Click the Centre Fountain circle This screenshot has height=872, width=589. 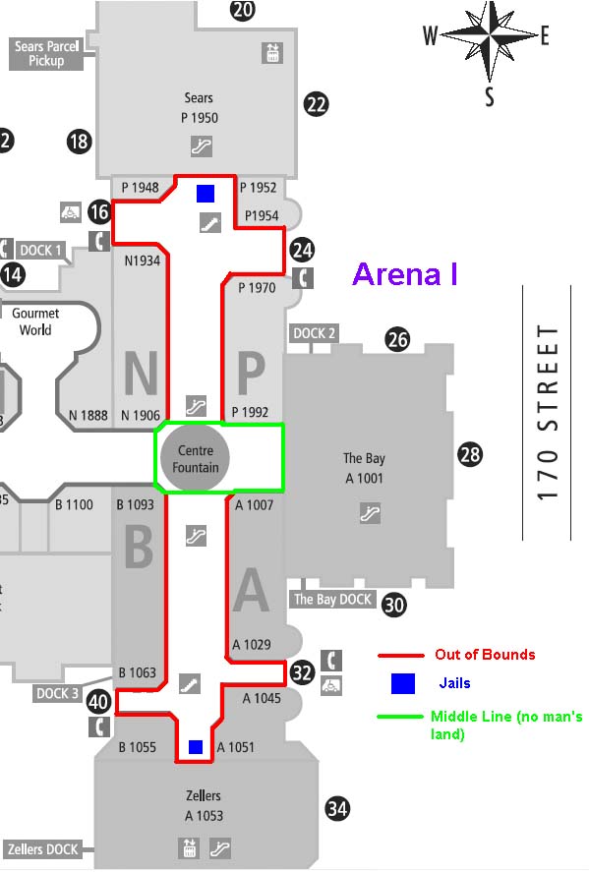pyautogui.click(x=195, y=458)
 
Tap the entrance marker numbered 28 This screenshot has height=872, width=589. pyautogui.click(x=469, y=454)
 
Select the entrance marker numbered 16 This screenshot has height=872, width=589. pyautogui.click(x=99, y=212)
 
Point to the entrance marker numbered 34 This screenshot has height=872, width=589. pyautogui.click(x=337, y=808)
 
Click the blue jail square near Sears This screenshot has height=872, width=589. pyautogui.click(x=206, y=193)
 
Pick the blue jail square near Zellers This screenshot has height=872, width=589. pyautogui.click(x=196, y=747)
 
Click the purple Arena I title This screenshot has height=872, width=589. pyautogui.click(x=405, y=273)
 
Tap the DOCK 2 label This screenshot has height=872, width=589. pyautogui.click(x=314, y=333)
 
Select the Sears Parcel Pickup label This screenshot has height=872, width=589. pyautogui.click(x=47, y=53)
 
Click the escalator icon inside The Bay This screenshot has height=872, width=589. pyautogui.click(x=370, y=513)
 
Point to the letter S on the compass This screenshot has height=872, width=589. pyautogui.click(x=489, y=95)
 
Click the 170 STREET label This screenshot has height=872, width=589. pyautogui.click(x=548, y=412)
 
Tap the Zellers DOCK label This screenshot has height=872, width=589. pyautogui.click(x=42, y=849)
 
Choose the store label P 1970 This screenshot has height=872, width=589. pyautogui.click(x=257, y=287)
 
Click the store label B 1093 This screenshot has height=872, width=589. pyautogui.click(x=135, y=504)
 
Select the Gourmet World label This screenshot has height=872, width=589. pyautogui.click(x=35, y=321)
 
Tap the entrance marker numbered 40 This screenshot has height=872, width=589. pyautogui.click(x=98, y=701)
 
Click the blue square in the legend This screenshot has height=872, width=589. pyautogui.click(x=403, y=683)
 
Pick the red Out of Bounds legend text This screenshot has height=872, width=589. pyautogui.click(x=485, y=654)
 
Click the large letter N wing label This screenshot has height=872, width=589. pyautogui.click(x=141, y=373)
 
